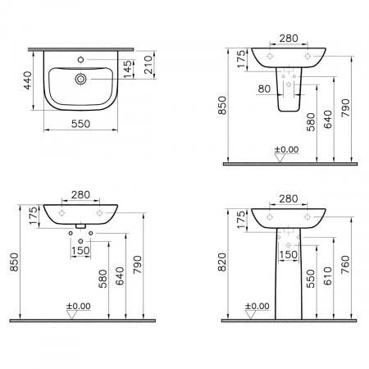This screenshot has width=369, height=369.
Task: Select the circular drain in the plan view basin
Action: [x=83, y=79]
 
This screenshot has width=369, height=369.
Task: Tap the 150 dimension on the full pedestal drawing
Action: [x=289, y=256]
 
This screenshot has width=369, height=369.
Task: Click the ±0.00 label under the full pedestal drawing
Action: [x=257, y=306]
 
